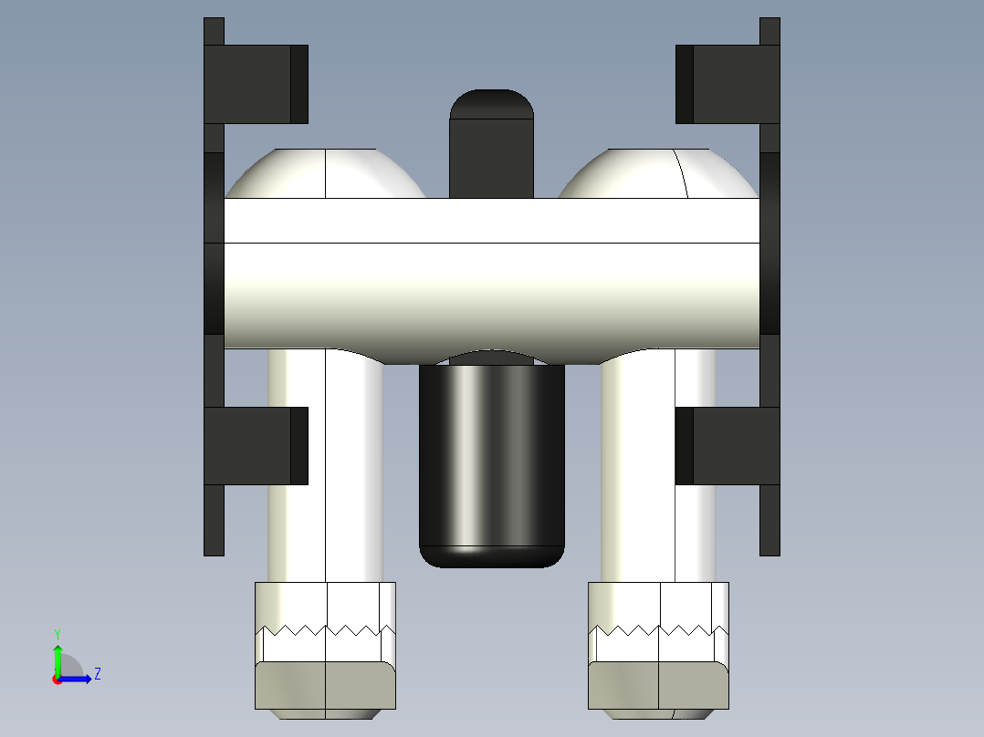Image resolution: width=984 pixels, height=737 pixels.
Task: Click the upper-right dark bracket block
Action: coord(728,84)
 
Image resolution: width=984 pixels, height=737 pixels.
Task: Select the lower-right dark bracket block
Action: coord(728,445)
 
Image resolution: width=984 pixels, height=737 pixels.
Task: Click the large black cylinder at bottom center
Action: coord(491,465)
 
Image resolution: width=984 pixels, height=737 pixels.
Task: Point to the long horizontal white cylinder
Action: coord(491,274)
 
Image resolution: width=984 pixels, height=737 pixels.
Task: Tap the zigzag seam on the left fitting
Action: coord(326,629)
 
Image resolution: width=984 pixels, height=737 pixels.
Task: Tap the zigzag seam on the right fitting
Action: coord(659,629)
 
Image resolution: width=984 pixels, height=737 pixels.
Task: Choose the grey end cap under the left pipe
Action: coord(326,685)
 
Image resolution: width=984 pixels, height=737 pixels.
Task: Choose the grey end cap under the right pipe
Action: coord(659,685)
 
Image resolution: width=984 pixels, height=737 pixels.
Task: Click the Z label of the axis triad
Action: coord(97,674)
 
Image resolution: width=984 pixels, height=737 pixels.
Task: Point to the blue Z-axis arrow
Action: coord(78,679)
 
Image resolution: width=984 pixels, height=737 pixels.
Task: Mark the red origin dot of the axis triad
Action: coord(58,680)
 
